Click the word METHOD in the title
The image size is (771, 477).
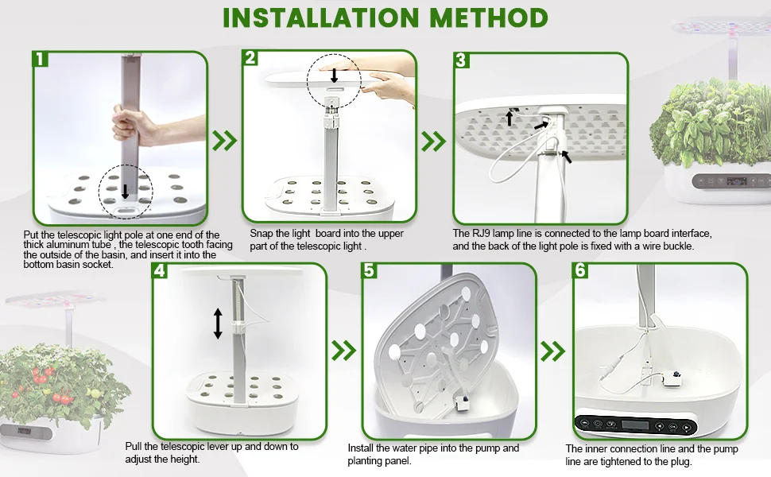pyautogui.click(x=489, y=17)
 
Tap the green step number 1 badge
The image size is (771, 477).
pyautogui.click(x=41, y=59)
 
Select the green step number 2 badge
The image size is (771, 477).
pyautogui.click(x=250, y=57)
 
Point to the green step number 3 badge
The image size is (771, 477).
pyautogui.click(x=461, y=60)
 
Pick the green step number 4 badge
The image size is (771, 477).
pyautogui.click(x=159, y=270)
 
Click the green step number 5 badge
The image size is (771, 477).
pyautogui.click(x=370, y=270)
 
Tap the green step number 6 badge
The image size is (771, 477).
pyautogui.click(x=581, y=270)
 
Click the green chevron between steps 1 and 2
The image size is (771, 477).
pyautogui.click(x=224, y=141)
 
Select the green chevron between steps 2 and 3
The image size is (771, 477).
pyautogui.click(x=433, y=142)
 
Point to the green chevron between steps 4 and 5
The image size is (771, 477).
pyautogui.click(x=343, y=351)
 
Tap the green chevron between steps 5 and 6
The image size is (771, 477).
pyautogui.click(x=552, y=351)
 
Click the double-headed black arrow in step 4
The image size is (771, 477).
pyautogui.click(x=218, y=323)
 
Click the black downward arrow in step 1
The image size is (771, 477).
pyautogui.click(x=126, y=192)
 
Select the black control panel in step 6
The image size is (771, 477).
pyautogui.click(x=636, y=426)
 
